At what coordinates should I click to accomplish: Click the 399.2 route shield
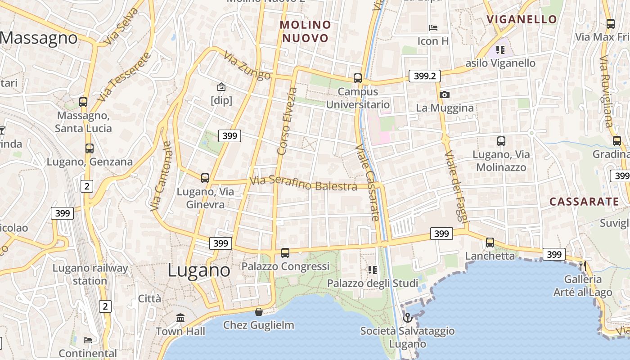tap(424, 76)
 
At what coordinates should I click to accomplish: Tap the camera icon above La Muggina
tap(445, 94)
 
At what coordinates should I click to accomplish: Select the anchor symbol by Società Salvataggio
tap(407, 318)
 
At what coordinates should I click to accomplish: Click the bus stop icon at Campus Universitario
tap(358, 78)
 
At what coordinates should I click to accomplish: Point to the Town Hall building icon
tap(180, 318)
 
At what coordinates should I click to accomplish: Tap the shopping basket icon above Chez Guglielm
tap(259, 312)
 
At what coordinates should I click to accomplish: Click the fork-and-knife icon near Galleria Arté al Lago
tap(583, 265)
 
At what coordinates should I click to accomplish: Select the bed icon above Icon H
tap(433, 28)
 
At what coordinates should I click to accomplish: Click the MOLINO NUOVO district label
tap(306, 31)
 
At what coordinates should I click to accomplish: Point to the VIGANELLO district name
tap(522, 19)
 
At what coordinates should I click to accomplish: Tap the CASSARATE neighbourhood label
tap(584, 202)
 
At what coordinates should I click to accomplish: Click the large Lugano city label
tap(199, 270)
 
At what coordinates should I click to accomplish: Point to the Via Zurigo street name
tap(247, 66)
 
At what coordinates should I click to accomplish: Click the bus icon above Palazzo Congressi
tap(285, 253)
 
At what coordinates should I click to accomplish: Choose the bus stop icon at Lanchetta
tap(490, 243)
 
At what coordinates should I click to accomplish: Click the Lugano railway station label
tap(90, 274)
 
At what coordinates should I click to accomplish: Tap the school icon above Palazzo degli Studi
tap(373, 270)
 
